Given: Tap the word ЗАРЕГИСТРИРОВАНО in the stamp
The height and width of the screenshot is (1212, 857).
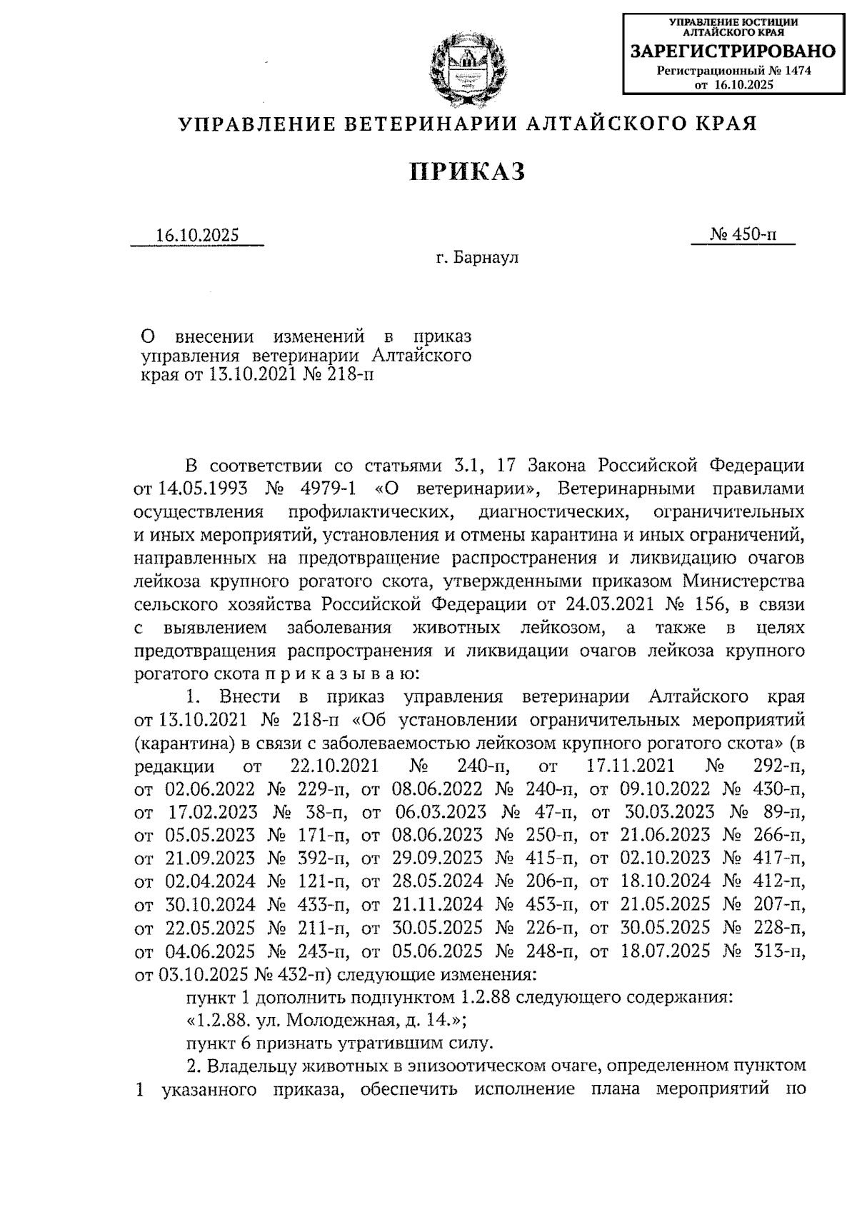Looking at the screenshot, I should pyautogui.click(x=731, y=51).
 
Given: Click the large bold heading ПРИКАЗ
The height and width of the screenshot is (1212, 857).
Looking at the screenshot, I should pyautogui.click(x=468, y=172).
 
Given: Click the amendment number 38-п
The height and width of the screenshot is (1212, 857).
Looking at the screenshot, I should pyautogui.click(x=329, y=812).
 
